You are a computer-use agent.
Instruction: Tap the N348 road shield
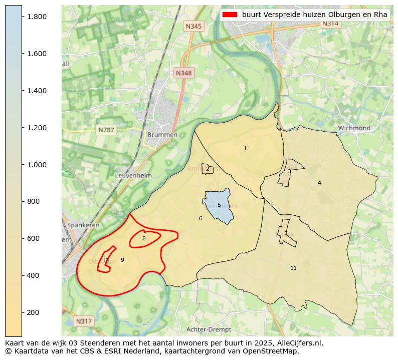pos(183,73)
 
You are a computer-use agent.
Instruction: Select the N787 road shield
pos(106,130)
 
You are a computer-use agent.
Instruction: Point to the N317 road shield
pos(84,320)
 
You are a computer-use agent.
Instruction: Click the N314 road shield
pos(330,24)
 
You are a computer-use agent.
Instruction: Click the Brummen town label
pos(162,135)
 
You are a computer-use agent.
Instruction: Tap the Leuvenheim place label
pos(133,176)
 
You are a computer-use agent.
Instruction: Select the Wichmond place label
pos(354,128)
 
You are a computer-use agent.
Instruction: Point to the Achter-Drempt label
pos(209,329)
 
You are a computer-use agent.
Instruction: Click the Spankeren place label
pos(81,225)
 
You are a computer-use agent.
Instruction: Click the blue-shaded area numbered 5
pos(219,205)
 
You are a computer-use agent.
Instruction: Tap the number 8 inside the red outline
pos(144,238)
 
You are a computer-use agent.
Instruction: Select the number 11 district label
pos(293,268)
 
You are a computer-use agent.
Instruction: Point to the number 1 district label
pos(245,148)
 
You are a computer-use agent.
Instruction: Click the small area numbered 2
pos(208,169)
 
